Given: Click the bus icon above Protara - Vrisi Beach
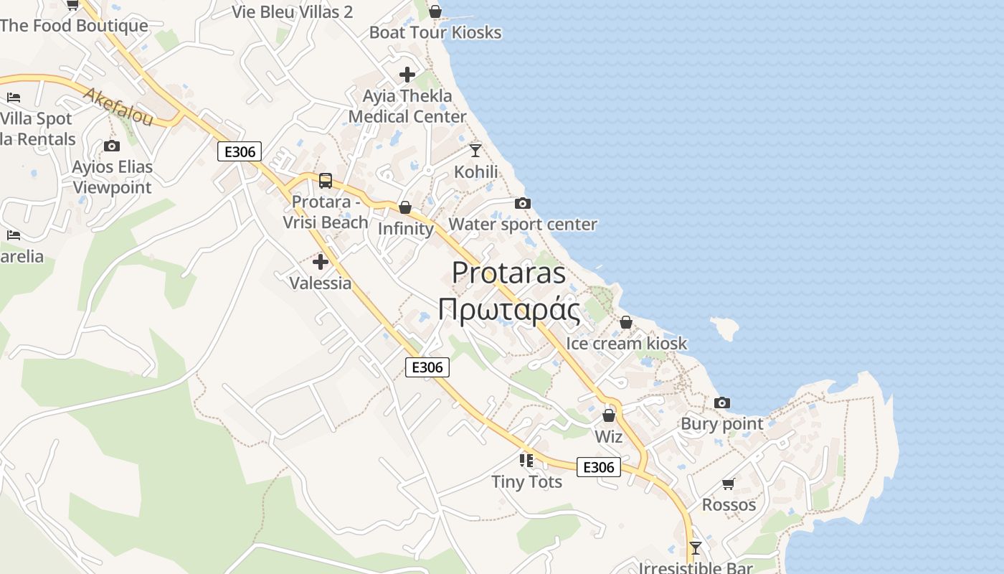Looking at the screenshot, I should (326, 180).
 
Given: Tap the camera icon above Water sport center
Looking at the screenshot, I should (523, 203).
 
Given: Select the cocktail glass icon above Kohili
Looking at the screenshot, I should (475, 150).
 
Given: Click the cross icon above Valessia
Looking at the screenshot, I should (321, 262).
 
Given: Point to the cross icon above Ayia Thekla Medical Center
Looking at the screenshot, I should (407, 74).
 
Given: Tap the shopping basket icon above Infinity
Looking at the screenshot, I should (405, 207).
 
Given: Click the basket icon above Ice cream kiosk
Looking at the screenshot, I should (626, 322).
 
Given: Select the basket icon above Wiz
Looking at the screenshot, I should (609, 415).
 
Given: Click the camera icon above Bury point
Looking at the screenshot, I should (722, 403).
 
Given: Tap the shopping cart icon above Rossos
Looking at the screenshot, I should (729, 484).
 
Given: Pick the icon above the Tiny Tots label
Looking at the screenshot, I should (526, 460).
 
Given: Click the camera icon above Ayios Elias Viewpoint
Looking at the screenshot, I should (112, 146).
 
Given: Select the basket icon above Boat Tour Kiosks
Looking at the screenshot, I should (435, 11).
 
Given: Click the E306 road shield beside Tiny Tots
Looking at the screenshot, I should (599, 467).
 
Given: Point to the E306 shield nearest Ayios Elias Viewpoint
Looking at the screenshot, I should (240, 151).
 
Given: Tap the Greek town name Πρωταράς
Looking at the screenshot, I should (508, 309).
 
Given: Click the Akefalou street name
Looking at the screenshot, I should (118, 107).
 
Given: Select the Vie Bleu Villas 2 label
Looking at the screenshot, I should (293, 11).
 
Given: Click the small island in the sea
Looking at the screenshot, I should (726, 329).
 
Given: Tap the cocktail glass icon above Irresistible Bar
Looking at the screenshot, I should (695, 548).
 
